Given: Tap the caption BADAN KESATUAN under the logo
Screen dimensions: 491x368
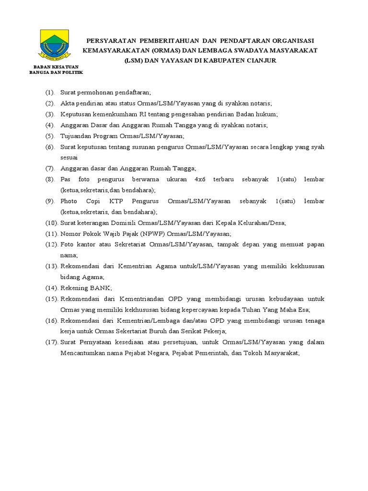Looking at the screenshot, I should point(56,66).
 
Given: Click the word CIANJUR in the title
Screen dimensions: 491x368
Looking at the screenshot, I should point(258,61).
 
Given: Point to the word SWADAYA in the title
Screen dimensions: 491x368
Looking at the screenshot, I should point(255,51).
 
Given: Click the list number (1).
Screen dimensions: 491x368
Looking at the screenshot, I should point(50,92).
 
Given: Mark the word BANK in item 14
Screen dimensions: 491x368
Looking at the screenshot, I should point(99,288).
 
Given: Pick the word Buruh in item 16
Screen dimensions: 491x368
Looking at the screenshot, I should point(156,331).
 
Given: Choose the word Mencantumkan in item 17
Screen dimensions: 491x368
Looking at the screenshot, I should point(83,353).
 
